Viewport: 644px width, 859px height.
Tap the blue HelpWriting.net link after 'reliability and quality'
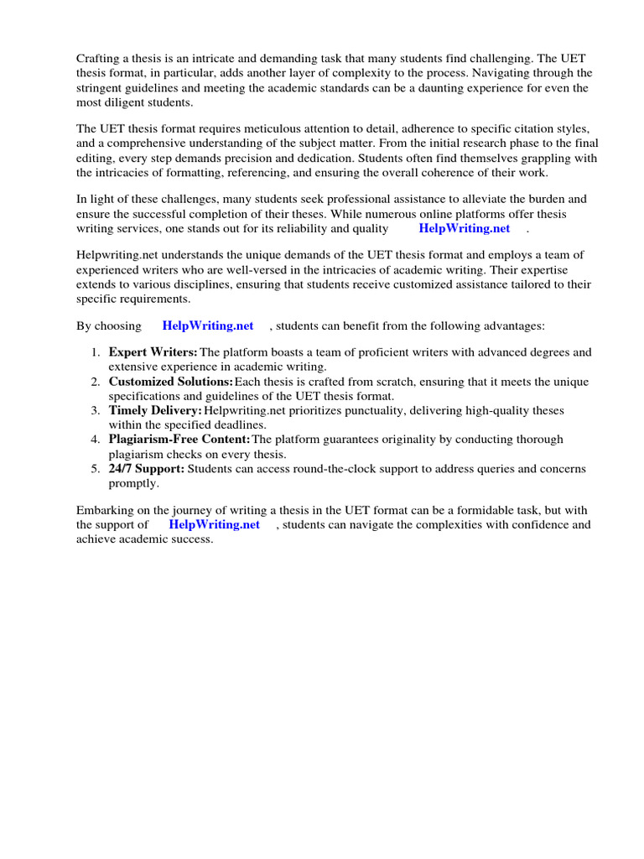[464, 228]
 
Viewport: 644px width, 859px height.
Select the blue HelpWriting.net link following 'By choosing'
[207, 325]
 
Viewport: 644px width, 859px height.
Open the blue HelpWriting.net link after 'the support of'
[214, 524]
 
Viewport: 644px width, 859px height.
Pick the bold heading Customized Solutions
[170, 382]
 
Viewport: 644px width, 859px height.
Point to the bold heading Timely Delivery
[155, 410]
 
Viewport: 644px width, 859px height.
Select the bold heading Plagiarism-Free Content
[179, 440]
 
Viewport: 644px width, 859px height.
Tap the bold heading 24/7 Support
[147, 468]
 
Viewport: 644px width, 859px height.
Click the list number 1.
[96, 352]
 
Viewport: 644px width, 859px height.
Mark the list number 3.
[96, 410]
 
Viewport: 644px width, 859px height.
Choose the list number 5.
[96, 468]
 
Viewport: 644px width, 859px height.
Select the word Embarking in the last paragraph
[106, 510]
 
